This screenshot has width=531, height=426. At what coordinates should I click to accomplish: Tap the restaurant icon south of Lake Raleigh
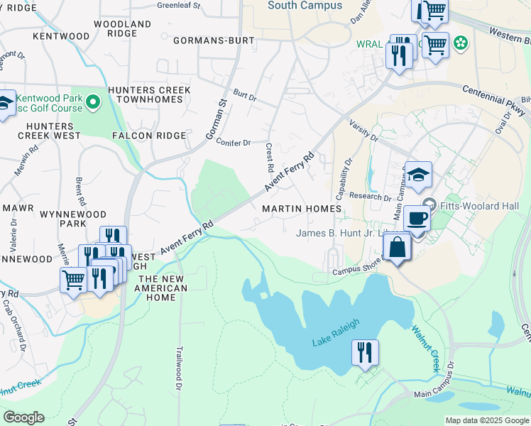click(365, 352)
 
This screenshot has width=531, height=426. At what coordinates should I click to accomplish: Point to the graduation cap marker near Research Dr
click(419, 175)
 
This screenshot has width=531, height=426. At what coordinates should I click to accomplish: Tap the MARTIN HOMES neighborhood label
click(302, 209)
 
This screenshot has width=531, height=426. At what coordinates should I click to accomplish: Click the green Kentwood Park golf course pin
click(92, 104)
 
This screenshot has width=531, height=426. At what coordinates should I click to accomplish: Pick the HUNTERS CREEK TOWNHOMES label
click(149, 96)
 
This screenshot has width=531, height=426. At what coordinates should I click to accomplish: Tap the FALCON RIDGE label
click(149, 135)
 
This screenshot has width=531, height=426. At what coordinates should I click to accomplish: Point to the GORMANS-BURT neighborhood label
click(213, 40)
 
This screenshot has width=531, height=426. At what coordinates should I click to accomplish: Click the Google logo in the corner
click(23, 417)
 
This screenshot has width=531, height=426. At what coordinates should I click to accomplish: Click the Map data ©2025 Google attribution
click(487, 420)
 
